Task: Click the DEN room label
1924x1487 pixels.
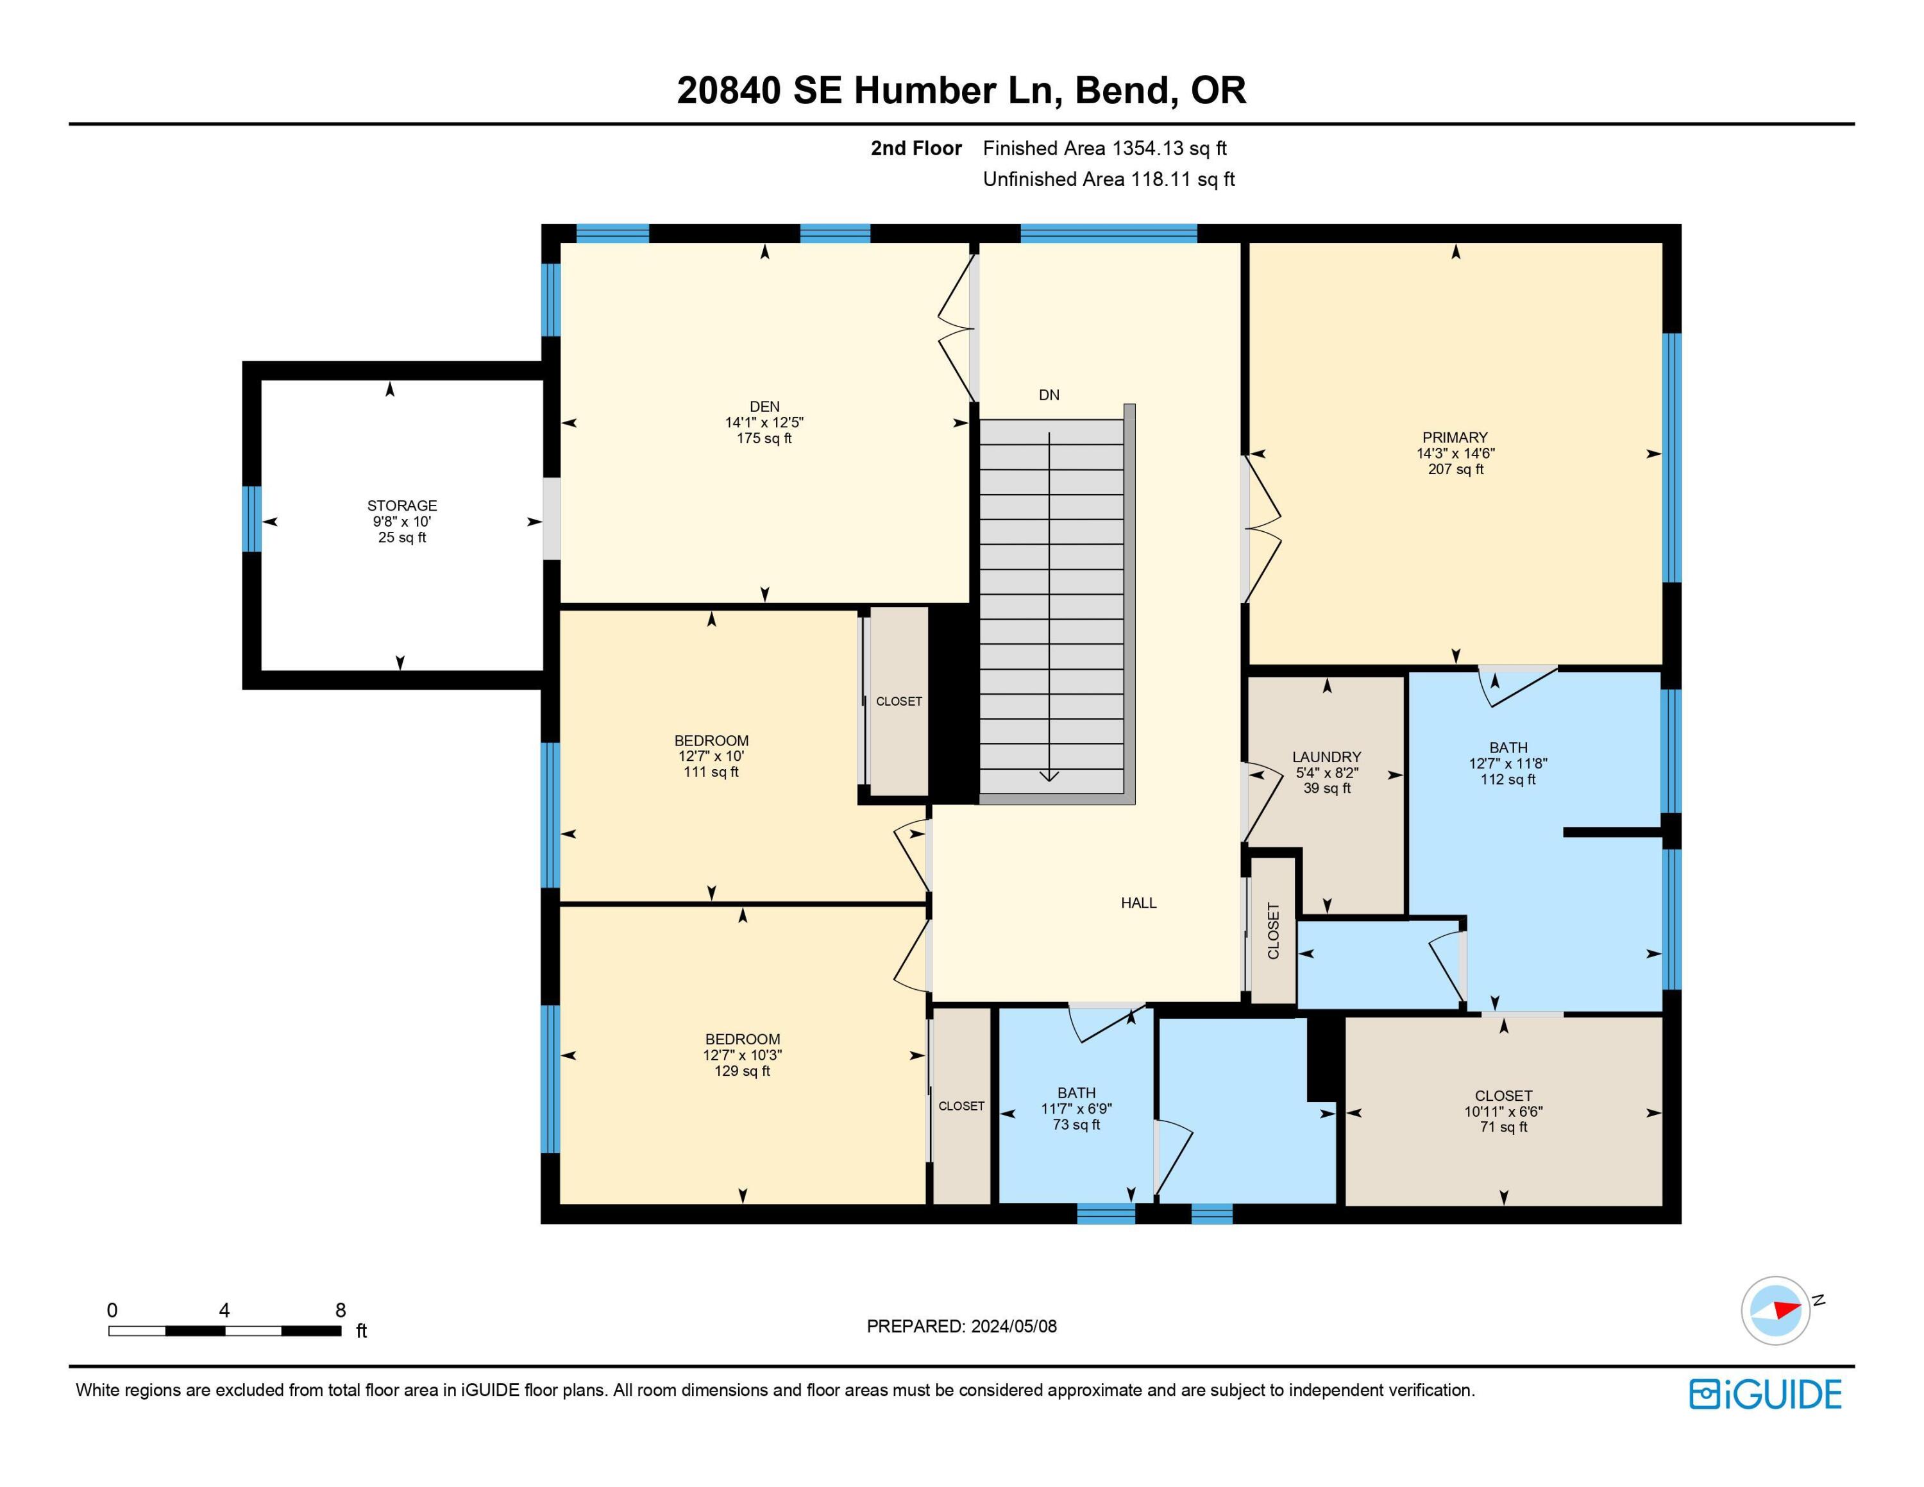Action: tap(764, 406)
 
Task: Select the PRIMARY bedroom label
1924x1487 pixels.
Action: tap(1455, 437)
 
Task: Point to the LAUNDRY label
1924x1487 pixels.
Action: tap(1327, 757)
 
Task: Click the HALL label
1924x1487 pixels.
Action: tap(1138, 903)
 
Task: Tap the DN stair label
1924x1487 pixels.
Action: tap(1049, 395)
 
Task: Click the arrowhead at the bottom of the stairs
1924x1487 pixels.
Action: tap(1049, 776)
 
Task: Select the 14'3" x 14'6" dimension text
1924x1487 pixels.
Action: tap(1455, 453)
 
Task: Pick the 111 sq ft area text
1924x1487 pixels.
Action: tap(711, 772)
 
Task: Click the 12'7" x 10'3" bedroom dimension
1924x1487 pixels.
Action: tap(742, 1055)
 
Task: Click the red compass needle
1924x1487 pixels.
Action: tap(1787, 1309)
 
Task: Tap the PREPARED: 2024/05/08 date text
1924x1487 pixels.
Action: tap(961, 1327)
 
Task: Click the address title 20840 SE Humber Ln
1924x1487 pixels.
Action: tap(868, 90)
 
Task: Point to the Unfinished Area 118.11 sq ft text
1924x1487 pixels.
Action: tap(1108, 179)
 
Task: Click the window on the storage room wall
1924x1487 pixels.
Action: tap(252, 519)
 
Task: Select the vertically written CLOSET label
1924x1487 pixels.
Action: tap(1273, 930)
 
